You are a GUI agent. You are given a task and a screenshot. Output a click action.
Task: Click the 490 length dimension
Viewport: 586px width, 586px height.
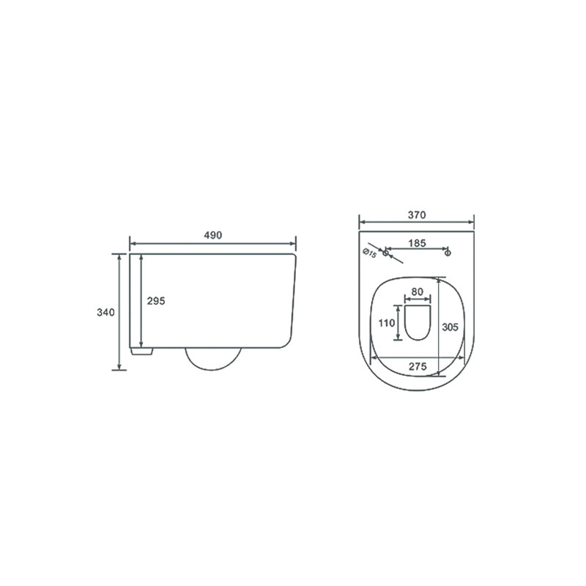tap(212, 235)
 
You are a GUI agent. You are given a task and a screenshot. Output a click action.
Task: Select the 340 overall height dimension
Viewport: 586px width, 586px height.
tap(105, 312)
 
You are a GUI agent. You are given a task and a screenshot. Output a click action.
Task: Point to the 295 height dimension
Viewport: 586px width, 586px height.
tap(156, 301)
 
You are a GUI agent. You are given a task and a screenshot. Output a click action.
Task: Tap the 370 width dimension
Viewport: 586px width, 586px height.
tap(417, 215)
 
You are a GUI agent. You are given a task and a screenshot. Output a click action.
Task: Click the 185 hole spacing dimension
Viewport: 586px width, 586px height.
tap(417, 243)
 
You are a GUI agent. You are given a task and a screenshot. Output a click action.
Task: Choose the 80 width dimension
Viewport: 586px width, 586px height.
tap(417, 292)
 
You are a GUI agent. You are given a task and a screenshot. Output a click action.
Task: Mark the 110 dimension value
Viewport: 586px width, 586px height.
tap(387, 323)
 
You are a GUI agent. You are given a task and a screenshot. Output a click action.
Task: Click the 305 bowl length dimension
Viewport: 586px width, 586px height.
tap(450, 327)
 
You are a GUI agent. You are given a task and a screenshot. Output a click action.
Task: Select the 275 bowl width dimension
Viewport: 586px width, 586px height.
tap(418, 366)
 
